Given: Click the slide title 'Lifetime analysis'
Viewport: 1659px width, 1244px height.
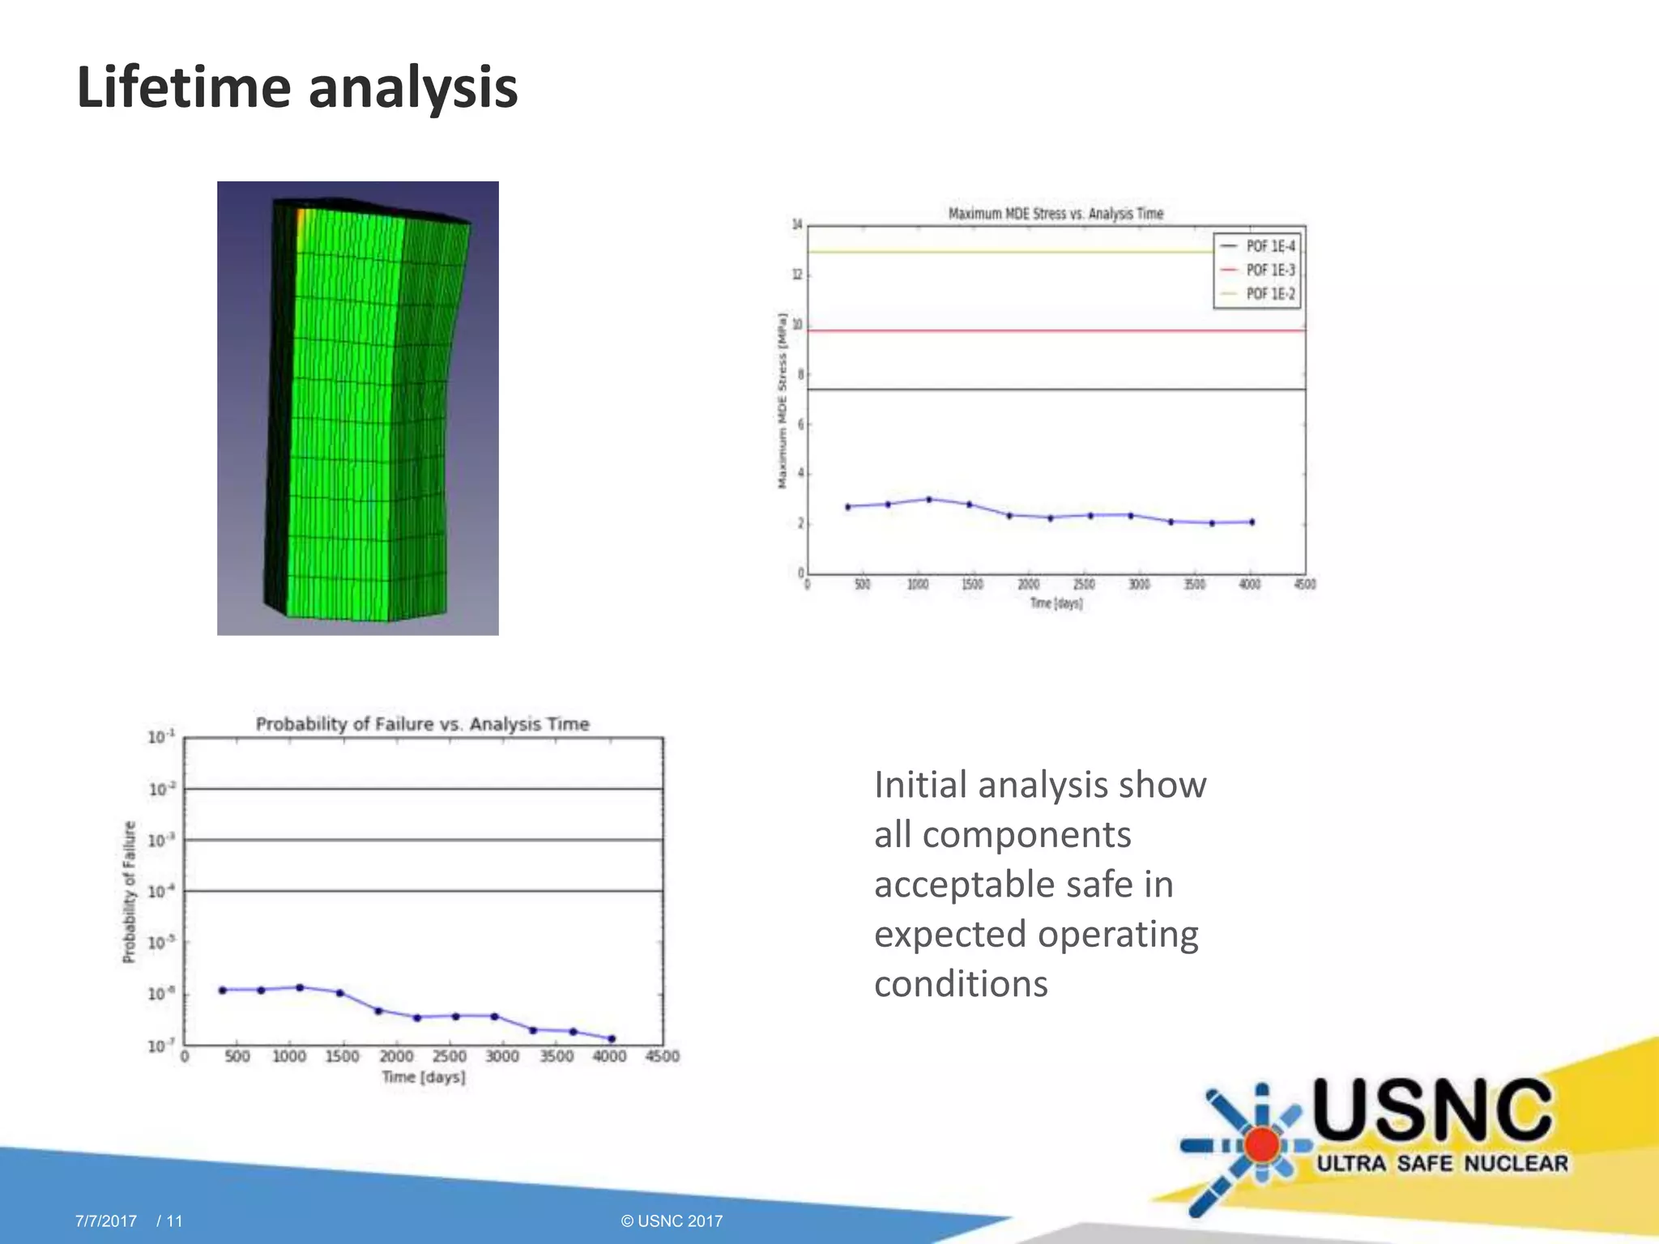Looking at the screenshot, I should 297,87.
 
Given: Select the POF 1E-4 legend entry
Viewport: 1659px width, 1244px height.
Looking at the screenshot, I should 1269,246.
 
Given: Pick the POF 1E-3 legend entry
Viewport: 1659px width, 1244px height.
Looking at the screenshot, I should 1269,270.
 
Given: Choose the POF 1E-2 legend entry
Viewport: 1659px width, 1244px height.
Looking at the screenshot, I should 1269,294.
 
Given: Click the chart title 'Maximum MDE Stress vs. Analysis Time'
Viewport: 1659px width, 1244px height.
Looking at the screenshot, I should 1056,214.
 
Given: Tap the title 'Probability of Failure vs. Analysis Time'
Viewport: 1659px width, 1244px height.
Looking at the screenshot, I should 422,724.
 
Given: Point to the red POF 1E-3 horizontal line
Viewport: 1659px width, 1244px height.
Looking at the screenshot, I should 1013,330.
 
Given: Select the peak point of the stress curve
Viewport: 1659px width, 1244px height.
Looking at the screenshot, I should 929,500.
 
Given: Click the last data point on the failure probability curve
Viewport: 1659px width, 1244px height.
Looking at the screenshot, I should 612,1038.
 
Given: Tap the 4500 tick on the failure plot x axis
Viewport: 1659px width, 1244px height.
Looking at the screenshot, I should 662,1056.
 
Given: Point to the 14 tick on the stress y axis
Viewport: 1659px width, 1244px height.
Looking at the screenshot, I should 797,224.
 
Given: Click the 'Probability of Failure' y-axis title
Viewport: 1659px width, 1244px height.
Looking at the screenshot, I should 129,892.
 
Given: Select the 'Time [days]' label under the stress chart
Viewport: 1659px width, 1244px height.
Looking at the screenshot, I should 1056,603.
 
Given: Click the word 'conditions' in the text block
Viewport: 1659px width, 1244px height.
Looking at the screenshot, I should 961,984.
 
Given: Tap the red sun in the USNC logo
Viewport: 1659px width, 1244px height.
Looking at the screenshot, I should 1261,1145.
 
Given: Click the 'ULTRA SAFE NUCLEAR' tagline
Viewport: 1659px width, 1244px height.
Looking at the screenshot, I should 1442,1164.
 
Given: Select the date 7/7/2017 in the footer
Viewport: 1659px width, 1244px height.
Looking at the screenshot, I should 106,1221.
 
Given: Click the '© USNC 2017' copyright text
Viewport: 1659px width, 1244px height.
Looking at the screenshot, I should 672,1221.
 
